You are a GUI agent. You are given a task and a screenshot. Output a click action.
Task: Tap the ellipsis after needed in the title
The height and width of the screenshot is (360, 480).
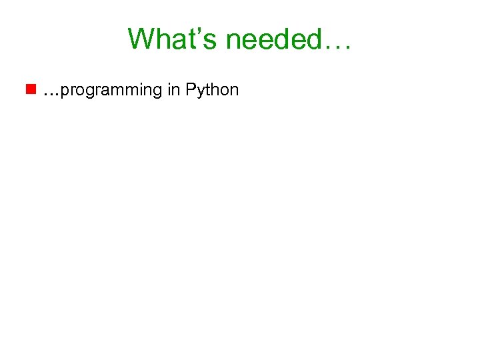click(x=339, y=47)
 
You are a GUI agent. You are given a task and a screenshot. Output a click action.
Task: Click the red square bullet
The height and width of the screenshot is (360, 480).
click(x=31, y=89)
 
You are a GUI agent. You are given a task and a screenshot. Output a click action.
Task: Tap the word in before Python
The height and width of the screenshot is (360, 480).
click(x=174, y=89)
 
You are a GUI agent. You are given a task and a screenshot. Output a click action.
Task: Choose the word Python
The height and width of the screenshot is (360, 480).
click(x=212, y=90)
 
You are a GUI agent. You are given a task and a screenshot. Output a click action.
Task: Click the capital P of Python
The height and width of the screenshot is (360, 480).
click(x=191, y=89)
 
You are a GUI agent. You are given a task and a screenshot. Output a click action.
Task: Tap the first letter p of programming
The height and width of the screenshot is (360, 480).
click(x=64, y=92)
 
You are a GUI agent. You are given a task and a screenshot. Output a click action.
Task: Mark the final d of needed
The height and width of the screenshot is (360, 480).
click(x=313, y=39)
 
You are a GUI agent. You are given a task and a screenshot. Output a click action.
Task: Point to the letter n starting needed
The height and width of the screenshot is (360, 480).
click(x=235, y=41)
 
